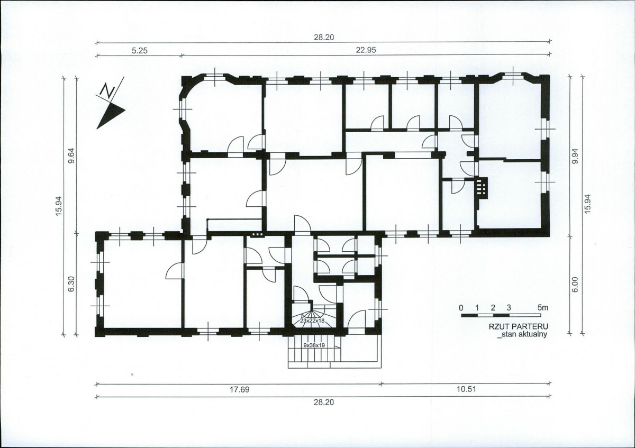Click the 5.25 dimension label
point(140,51)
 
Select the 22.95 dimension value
point(366,50)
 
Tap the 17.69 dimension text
point(240,390)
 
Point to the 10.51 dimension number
point(466,389)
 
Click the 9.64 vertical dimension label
point(72,156)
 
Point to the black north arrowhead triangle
point(110,115)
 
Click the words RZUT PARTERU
point(518,327)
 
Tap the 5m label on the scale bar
point(543,308)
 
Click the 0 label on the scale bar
point(461,308)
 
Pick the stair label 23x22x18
point(312,321)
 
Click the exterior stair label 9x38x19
point(314,345)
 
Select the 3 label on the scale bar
point(509,308)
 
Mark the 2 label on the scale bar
point(493,308)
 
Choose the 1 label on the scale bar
point(477,308)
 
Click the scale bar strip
point(501,315)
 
